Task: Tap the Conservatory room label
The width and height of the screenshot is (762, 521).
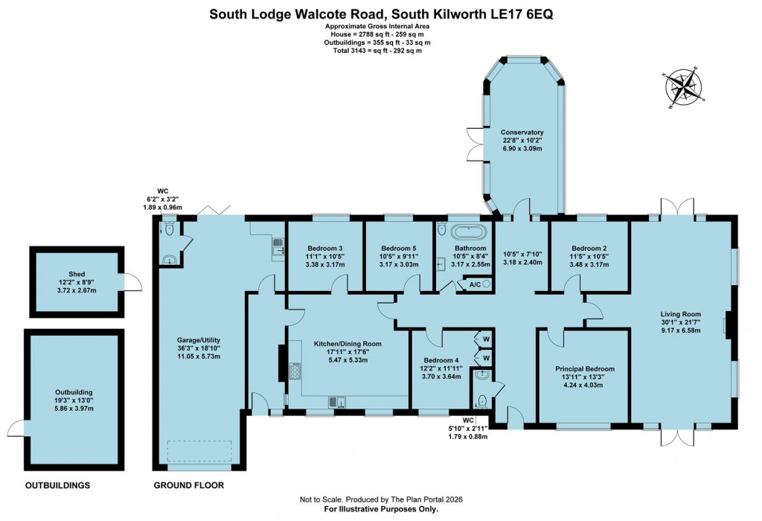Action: coord(521,132)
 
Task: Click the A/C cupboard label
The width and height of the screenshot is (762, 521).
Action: coord(473,284)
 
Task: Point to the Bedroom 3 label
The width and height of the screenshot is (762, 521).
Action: coord(324,249)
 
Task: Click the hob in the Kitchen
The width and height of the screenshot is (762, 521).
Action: coord(295,371)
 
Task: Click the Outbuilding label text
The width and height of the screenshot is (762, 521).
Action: coord(73,391)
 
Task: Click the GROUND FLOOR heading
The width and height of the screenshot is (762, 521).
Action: coord(188,486)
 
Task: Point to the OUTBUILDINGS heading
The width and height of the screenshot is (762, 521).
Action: coord(57,486)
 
